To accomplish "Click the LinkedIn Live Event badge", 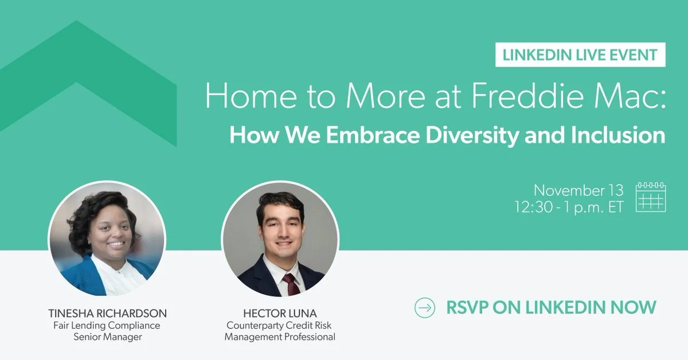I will point(580,55).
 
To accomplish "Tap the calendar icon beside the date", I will point(651,198).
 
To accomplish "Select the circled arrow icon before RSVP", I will point(425,307).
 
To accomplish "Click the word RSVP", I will point(470,307).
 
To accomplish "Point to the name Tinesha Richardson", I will point(107,314).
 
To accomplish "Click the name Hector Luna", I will point(280,314).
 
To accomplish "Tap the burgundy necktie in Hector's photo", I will point(291,283).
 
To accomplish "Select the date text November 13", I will point(578,190).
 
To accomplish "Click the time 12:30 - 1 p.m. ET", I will point(569,207).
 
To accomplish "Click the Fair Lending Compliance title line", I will point(107,326).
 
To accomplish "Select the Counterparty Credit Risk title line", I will point(280,326).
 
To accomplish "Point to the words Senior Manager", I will point(107,337).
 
